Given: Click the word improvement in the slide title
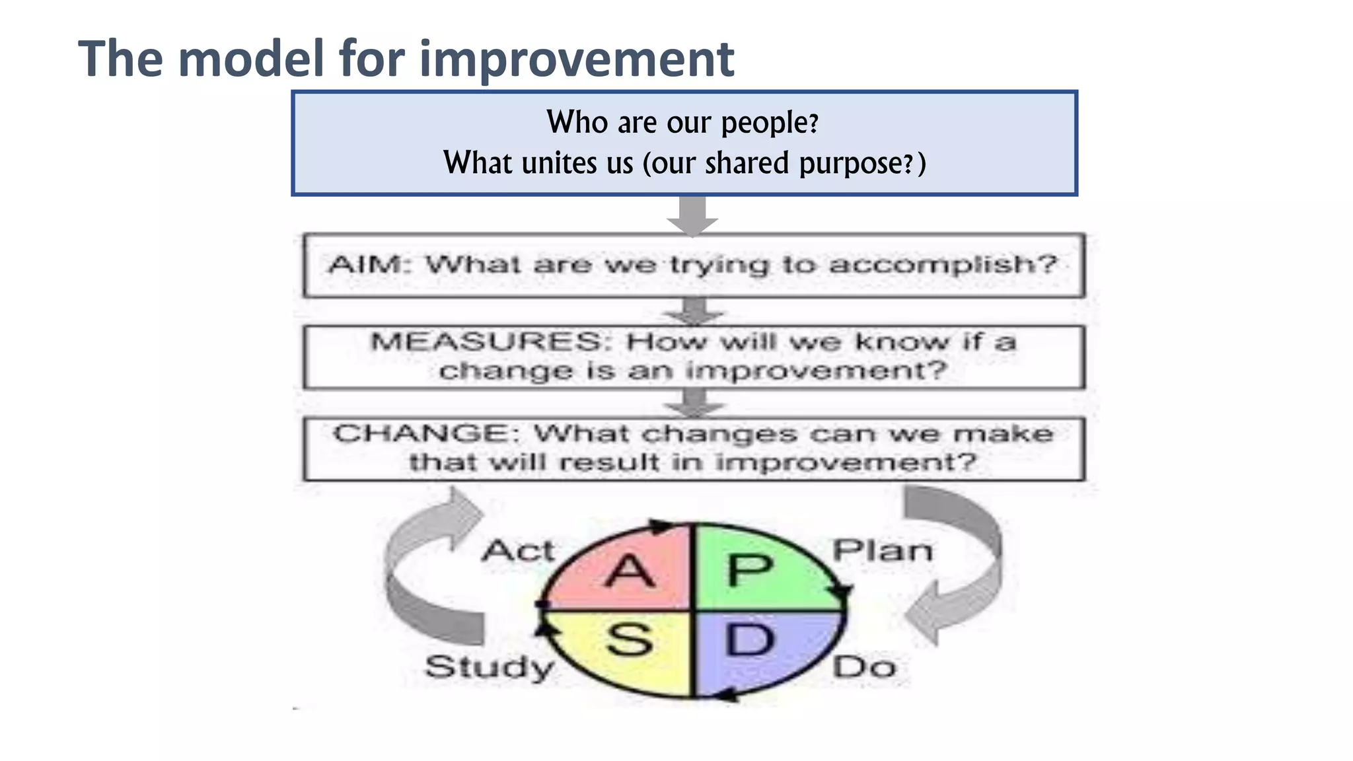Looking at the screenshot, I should [x=576, y=59].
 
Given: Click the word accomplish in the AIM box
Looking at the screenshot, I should [x=941, y=265].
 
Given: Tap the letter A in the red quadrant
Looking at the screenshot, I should [x=629, y=571].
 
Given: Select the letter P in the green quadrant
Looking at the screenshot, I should [x=749, y=570].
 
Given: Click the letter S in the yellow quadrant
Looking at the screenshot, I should [x=629, y=639].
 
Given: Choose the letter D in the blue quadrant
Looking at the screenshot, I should [x=749, y=639].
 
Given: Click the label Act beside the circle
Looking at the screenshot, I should [x=518, y=550].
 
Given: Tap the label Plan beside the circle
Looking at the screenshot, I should [x=883, y=550].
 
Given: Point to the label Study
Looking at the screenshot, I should [x=489, y=667].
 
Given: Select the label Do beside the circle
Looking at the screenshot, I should [x=864, y=667].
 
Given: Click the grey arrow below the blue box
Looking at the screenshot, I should [x=692, y=217].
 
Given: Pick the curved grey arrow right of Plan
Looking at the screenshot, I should [x=965, y=568].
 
